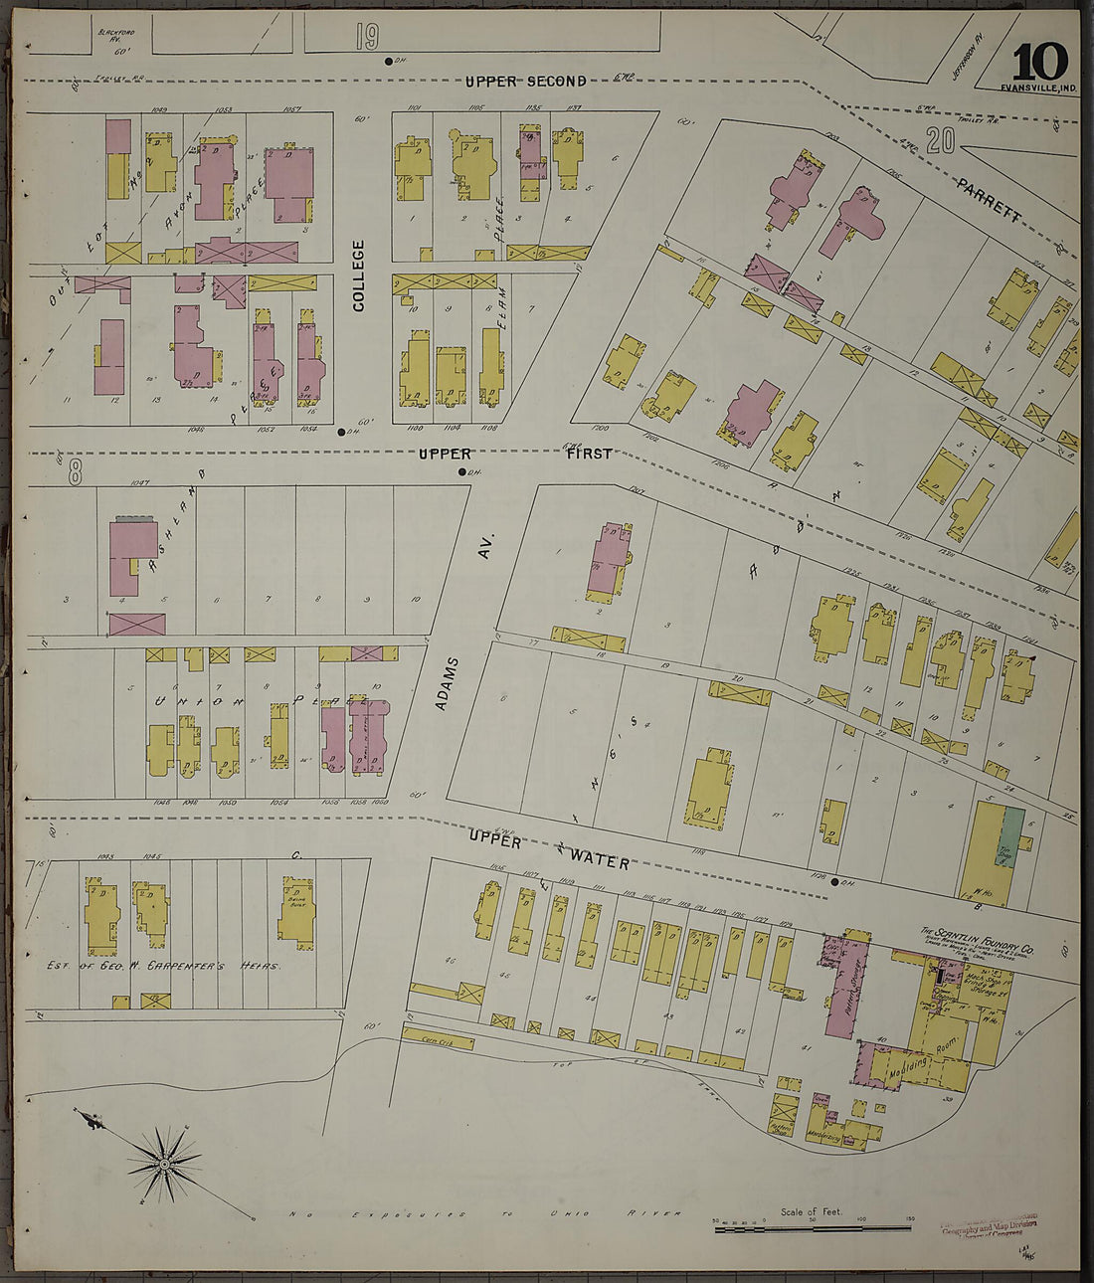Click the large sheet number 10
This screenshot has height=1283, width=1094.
[1040, 62]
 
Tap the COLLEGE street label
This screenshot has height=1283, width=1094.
[358, 275]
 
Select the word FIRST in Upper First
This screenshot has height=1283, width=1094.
[589, 454]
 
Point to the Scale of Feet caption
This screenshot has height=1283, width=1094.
[811, 1210]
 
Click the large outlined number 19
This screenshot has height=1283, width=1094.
[366, 38]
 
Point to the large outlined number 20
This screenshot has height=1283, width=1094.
[939, 141]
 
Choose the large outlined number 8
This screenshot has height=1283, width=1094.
[75, 471]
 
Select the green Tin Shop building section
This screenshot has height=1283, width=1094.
[1010, 837]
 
